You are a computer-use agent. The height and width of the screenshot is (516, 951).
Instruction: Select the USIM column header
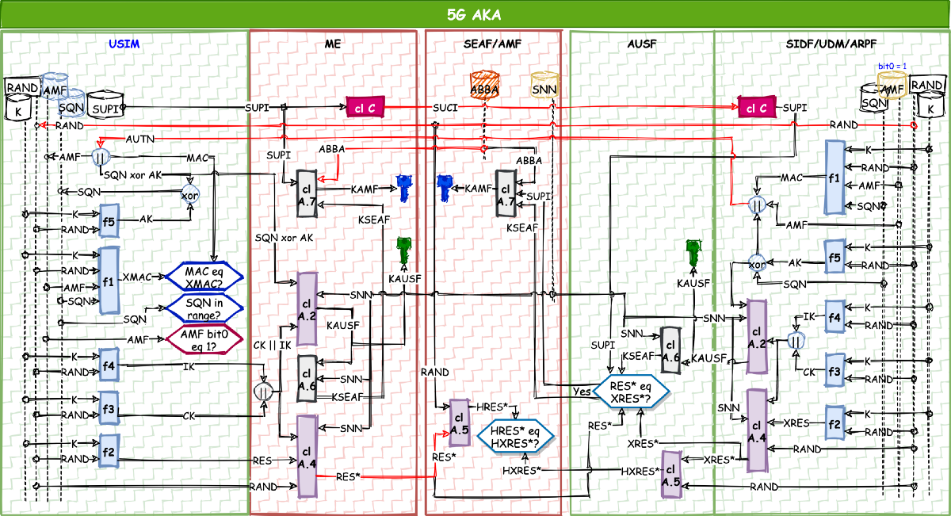(125, 44)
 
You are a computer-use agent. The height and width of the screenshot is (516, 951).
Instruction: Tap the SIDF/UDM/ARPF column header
(831, 44)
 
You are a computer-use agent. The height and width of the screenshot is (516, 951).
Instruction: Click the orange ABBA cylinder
(483, 85)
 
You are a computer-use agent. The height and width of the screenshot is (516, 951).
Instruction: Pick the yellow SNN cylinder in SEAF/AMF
(544, 85)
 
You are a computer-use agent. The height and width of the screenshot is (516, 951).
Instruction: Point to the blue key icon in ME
(404, 189)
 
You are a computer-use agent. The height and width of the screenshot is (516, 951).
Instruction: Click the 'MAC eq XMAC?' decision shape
(203, 276)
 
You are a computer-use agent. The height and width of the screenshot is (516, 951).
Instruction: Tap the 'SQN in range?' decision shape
(203, 308)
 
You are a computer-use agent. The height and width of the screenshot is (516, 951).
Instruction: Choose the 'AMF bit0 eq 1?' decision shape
(203, 338)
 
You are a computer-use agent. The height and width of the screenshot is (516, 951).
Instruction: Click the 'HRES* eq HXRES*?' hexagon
(514, 436)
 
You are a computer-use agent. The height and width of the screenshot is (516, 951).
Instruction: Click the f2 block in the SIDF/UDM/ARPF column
(835, 423)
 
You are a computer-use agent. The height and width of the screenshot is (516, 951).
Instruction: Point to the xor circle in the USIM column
(189, 194)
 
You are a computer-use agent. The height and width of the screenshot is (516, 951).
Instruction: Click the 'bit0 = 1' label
(892, 66)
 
